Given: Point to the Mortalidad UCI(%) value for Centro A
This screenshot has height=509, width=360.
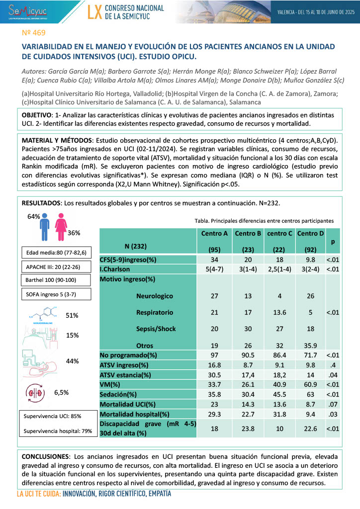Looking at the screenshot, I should [x=215, y=405].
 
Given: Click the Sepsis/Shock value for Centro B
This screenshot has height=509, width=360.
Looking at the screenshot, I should [x=248, y=329].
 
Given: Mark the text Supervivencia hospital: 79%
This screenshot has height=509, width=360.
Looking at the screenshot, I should [x=58, y=430].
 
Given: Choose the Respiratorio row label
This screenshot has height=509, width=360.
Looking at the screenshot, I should [x=154, y=313].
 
